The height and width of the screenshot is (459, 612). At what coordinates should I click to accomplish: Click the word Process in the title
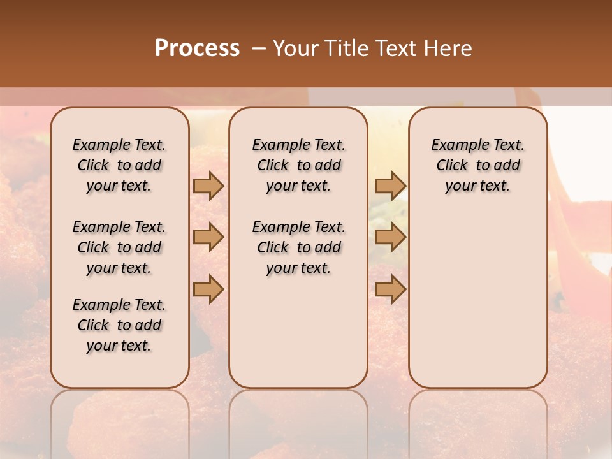(197, 48)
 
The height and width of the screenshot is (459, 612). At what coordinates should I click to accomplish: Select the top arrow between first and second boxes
(208, 186)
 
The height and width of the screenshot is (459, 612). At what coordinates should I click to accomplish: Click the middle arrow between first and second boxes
(208, 237)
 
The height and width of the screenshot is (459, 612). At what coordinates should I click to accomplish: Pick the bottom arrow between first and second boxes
(208, 289)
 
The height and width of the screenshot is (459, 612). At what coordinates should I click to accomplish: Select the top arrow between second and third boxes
(390, 186)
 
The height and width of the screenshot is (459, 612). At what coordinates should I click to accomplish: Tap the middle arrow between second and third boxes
(390, 237)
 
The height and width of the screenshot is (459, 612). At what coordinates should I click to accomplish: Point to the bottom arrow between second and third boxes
(390, 289)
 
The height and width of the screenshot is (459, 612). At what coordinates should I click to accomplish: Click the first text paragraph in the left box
(119, 165)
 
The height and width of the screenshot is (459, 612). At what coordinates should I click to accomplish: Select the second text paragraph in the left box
(119, 247)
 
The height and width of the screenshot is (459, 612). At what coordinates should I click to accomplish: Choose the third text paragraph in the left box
(119, 325)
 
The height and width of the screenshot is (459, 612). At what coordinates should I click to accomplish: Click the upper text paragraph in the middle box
(299, 165)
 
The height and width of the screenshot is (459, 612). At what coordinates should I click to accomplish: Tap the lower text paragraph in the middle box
(299, 247)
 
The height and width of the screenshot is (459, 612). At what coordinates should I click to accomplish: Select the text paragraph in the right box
(478, 165)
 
